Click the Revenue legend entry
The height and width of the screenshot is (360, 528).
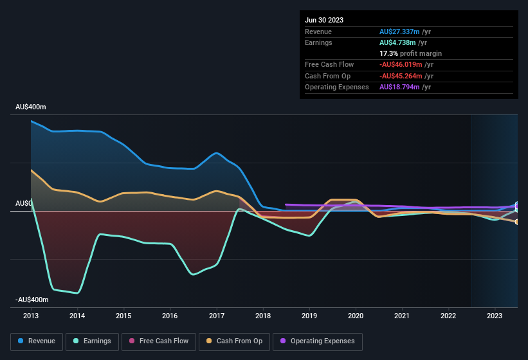[x=37, y=341]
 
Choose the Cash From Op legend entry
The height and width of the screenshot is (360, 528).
[x=234, y=341]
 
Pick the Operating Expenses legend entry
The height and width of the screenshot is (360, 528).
[x=318, y=341]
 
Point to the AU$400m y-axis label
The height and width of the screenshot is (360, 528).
[x=32, y=107]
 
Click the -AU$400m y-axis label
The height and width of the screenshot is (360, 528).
[x=30, y=300]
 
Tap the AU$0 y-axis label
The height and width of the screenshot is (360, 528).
[x=24, y=203]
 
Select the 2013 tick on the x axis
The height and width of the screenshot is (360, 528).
[x=31, y=316]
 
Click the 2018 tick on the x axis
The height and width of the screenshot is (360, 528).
[x=262, y=316]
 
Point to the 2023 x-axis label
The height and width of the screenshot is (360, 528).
[x=495, y=316]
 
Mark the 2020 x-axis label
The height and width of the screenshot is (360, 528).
[x=356, y=316]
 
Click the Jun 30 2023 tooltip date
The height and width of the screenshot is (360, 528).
[x=324, y=20]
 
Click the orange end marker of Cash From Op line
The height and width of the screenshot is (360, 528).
[x=517, y=222]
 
